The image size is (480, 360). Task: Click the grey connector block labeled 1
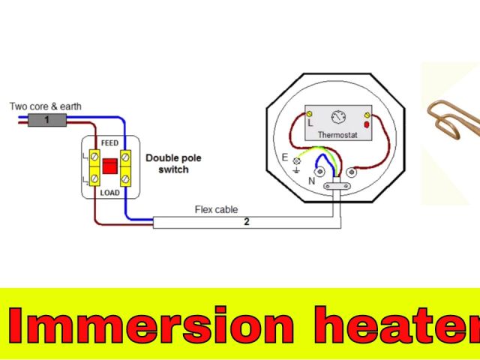pos(46,119)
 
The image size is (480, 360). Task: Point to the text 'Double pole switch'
pos(172,163)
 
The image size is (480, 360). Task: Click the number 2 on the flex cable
pos(246,222)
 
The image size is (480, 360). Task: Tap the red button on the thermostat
pos(367,124)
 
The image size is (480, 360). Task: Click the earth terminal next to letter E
pos(297,161)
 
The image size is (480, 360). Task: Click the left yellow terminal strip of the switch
pos(94,166)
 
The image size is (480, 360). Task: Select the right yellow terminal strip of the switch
pos(124,166)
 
